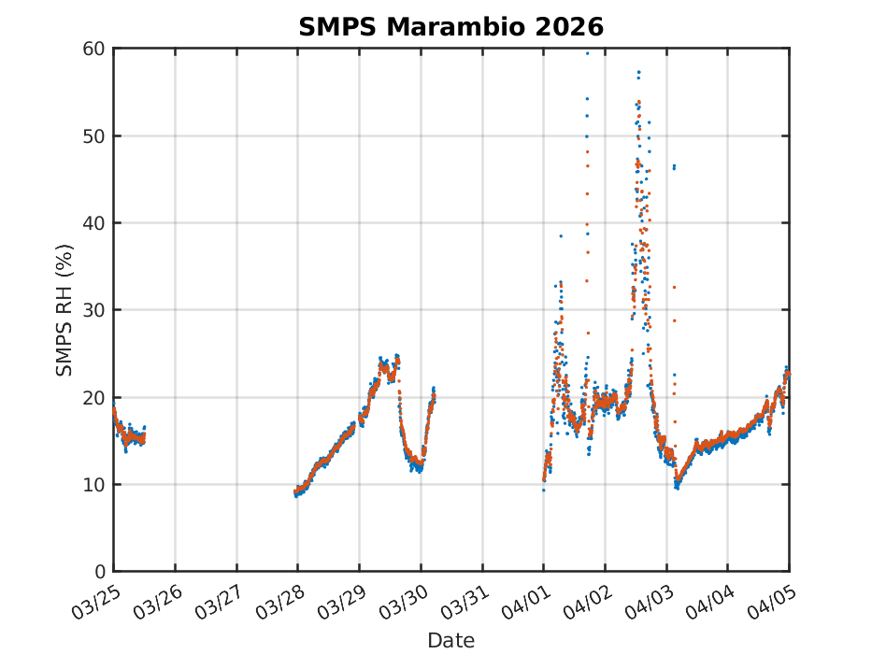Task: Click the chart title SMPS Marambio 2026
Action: [450, 27]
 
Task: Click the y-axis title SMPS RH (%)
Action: [64, 310]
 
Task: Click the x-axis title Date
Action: [450, 640]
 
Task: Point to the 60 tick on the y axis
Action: [93, 49]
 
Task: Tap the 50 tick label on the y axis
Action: [93, 135]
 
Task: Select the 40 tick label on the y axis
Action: [93, 223]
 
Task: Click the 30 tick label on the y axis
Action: [93, 310]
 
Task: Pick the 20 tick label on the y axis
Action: [93, 397]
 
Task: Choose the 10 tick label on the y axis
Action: [93, 485]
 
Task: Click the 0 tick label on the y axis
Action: [98, 572]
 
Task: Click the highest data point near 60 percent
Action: [587, 53]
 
